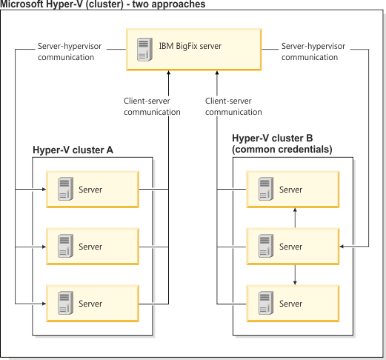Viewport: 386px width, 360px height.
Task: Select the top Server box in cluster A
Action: (92, 190)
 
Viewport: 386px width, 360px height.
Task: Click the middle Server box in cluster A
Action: (92, 247)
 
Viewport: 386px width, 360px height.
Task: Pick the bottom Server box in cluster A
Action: (92, 304)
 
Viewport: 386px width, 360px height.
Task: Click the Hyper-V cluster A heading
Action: (73, 150)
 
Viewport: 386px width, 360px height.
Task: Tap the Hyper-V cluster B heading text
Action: (282, 144)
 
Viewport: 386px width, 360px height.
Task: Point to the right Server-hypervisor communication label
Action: (310, 51)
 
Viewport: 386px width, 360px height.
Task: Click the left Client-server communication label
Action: (152, 107)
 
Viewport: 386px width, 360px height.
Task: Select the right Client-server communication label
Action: (233, 107)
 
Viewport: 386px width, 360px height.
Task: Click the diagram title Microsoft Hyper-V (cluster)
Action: (103, 4)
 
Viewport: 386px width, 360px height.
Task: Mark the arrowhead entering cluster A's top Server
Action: (43, 190)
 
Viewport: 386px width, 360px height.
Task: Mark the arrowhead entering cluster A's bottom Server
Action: (43, 304)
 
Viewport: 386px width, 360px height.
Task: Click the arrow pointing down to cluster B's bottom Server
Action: (296, 283)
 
